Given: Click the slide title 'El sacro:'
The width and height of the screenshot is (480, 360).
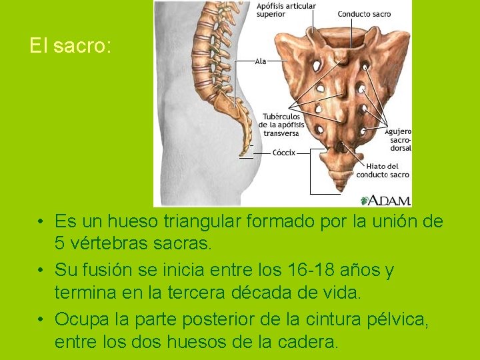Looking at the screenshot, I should tap(71, 46).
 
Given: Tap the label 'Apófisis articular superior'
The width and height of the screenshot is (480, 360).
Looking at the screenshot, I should tap(286, 10).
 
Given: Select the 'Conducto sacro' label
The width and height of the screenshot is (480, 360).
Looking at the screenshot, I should tap(364, 14).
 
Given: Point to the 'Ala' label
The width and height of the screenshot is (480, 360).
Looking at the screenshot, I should tap(260, 61).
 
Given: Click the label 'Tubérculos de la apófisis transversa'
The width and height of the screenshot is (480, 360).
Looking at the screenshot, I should tap(281, 125).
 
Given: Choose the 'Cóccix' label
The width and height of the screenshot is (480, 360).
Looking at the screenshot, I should tap(284, 153).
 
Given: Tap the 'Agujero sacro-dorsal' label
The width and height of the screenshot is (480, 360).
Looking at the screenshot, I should tap(398, 140).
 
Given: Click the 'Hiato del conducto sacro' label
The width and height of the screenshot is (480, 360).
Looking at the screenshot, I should tap(382, 171).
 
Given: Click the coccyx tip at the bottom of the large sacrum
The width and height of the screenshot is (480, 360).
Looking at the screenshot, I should tap(341, 189).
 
